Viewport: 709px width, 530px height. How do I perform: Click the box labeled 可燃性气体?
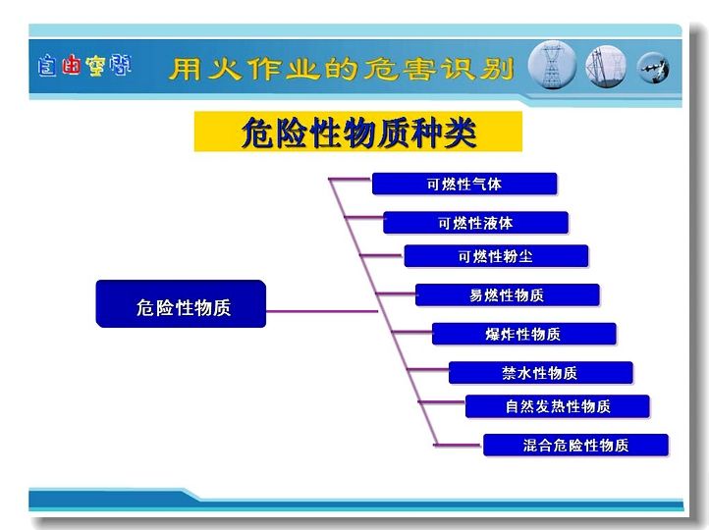coord(464,184)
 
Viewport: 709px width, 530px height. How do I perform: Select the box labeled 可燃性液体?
coord(475,223)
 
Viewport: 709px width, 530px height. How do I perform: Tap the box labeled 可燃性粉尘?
coord(496,256)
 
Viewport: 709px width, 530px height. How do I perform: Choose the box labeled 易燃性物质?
coord(508,295)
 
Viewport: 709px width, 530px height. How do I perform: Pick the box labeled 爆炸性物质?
coord(524,334)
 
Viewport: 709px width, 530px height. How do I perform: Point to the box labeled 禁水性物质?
coord(541,373)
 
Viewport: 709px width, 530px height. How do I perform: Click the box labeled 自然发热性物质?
coord(558,406)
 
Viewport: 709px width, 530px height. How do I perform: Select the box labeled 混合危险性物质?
coord(575,445)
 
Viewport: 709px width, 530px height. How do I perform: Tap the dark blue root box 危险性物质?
coord(181,303)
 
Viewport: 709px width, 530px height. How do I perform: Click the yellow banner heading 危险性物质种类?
coord(358,132)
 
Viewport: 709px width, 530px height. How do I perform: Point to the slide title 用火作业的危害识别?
coord(342,69)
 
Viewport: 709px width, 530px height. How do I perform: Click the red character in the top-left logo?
coord(71,65)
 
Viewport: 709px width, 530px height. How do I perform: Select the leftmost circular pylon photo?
coord(552,65)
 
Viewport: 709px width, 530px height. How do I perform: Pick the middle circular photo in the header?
coord(606,67)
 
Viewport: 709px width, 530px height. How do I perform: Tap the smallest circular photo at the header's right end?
coord(653,68)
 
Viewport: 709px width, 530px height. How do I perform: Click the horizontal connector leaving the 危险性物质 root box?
coord(321,311)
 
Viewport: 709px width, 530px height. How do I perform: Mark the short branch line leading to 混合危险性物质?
coord(458,445)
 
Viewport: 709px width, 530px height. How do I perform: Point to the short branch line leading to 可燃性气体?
coord(350,180)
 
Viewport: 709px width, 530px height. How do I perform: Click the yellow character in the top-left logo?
coord(96,66)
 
